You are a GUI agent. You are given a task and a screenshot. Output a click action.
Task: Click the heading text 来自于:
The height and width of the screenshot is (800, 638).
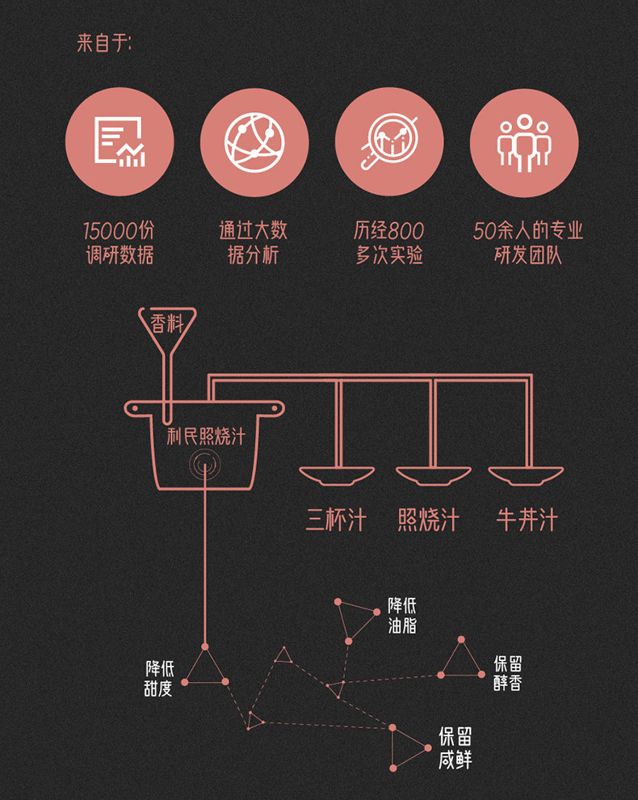coord(104,44)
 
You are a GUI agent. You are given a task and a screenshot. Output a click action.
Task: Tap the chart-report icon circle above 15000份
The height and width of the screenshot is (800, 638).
coord(120,142)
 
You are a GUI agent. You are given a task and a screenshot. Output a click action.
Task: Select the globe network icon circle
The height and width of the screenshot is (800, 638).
coord(254,142)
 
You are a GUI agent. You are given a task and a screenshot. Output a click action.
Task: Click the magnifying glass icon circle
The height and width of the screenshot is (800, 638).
coord(389,142)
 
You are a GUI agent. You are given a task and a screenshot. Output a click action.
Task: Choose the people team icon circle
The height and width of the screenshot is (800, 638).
coord(524,142)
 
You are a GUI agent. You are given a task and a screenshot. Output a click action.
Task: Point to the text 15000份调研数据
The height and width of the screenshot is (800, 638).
coord(120,243)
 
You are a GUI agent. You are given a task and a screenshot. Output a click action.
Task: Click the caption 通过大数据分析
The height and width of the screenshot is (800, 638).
coord(254,243)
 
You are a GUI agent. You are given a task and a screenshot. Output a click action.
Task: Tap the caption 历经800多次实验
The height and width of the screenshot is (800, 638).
coord(388,243)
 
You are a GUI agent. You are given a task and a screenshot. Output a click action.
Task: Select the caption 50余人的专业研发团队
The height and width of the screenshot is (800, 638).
coord(527,243)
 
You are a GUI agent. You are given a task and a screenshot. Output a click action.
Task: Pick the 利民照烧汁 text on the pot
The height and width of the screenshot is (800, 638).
coord(205,437)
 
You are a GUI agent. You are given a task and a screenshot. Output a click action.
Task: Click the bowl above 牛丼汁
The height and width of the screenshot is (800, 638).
coord(527,475)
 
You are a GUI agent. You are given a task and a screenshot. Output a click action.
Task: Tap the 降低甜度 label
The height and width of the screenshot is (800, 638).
coord(159,679)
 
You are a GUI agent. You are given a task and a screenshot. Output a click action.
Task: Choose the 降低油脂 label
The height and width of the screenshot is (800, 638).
coord(402,615)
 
